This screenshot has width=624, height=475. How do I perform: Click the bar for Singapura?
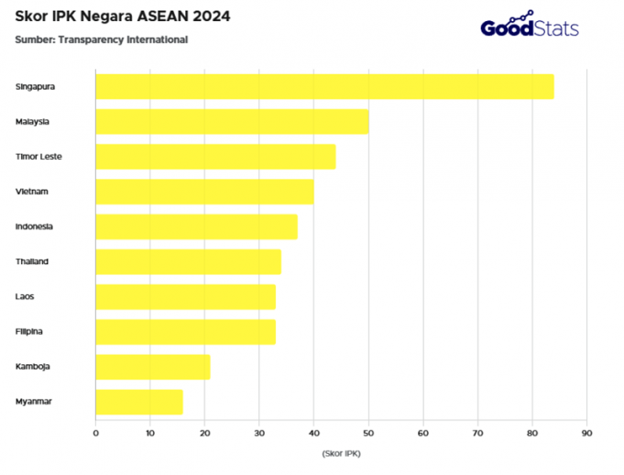[324, 86]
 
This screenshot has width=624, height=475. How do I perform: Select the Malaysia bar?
[232, 122]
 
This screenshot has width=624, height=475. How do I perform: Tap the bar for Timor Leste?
[215, 157]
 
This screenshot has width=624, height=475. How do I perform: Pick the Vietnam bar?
[204, 192]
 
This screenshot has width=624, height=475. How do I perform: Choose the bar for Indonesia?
[196, 226]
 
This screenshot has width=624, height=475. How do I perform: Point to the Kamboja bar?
[152, 367]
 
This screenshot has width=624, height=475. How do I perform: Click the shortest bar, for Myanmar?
[139, 402]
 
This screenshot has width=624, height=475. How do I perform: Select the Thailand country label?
[32, 261]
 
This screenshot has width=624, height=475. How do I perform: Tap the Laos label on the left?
[25, 296]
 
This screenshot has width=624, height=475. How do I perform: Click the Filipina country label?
[30, 331]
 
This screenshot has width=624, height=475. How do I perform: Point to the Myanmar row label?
[33, 402]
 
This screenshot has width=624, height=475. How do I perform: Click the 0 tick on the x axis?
[95, 432]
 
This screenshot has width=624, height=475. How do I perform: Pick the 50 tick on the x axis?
[368, 432]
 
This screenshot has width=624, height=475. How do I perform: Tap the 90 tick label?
[586, 432]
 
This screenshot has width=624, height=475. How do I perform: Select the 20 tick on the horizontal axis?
[204, 432]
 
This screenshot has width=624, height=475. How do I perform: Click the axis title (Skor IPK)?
[341, 454]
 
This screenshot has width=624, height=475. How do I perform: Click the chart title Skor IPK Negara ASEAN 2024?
[123, 17]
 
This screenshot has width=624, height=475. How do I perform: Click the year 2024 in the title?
[210, 17]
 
